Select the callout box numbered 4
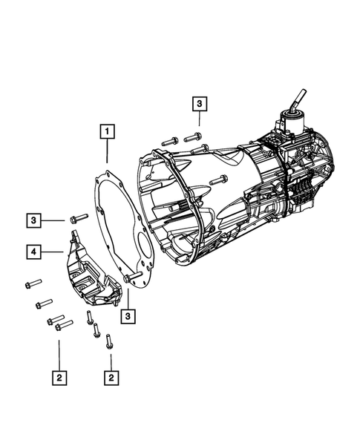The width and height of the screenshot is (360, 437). pyautogui.click(x=35, y=252)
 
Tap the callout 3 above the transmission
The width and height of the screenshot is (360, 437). pyautogui.click(x=200, y=105)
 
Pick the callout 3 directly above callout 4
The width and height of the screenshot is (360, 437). pyautogui.click(x=35, y=220)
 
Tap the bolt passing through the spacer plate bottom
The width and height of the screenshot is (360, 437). pyautogui.click(x=133, y=278)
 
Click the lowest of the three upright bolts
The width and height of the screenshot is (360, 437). pyautogui.click(x=109, y=342)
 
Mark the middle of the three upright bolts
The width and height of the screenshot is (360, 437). pyautogui.click(x=96, y=330)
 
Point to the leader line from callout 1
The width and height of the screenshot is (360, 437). pyautogui.click(x=108, y=154)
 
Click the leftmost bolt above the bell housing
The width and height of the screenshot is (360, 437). pyautogui.click(x=168, y=140)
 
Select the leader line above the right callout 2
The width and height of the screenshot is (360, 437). pyautogui.click(x=111, y=360)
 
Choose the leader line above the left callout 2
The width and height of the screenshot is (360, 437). pyautogui.click(x=59, y=352)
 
